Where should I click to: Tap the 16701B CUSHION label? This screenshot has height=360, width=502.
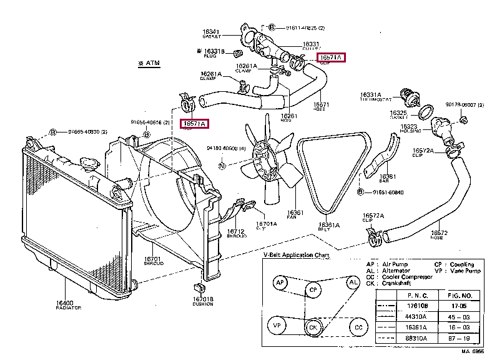point(203,302)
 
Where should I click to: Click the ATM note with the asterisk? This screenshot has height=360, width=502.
point(149,64)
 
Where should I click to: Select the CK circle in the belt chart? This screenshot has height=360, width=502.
point(313,326)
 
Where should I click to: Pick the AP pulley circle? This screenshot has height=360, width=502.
point(281,283)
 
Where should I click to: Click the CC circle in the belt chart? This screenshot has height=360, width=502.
point(357,326)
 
